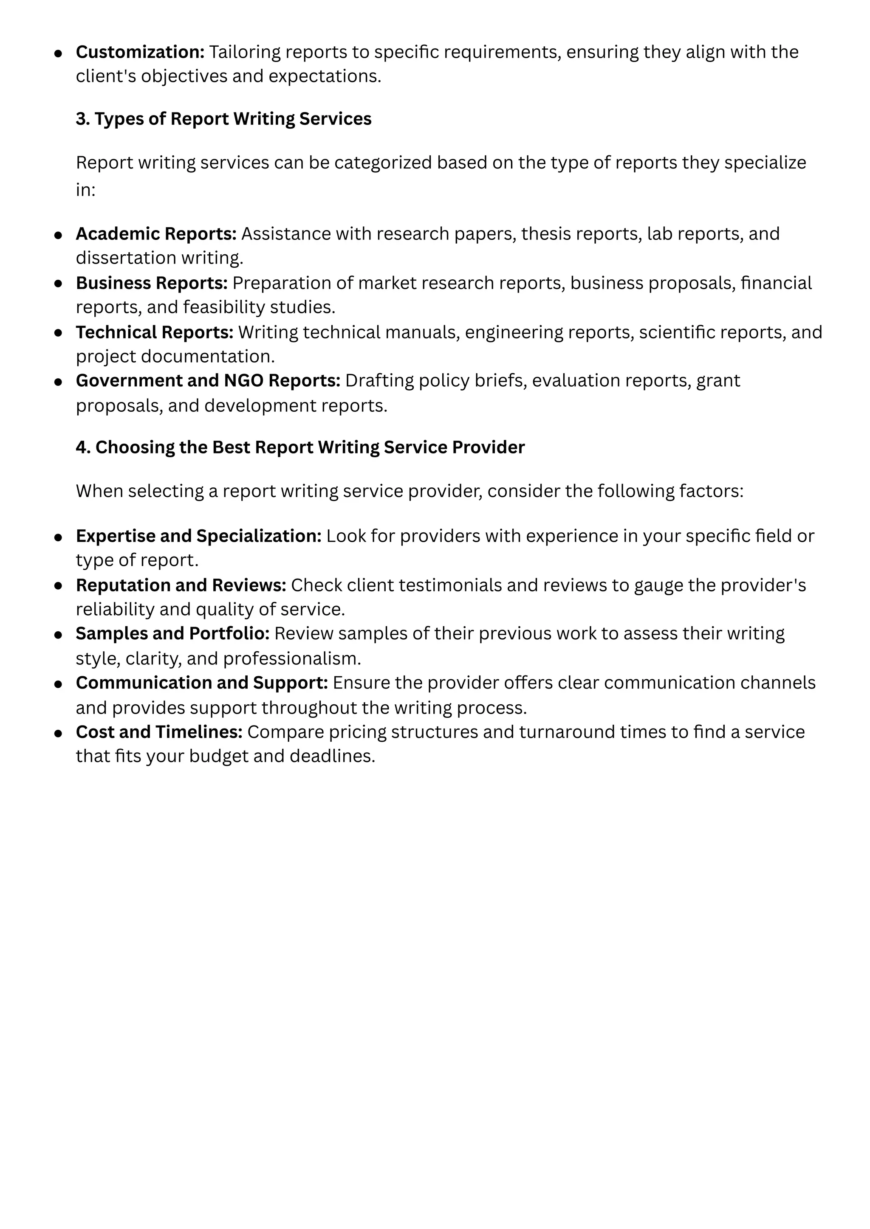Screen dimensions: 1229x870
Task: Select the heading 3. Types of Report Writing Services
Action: point(223,118)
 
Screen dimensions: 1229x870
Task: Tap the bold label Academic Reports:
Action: point(156,233)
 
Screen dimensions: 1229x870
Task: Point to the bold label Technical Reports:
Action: point(154,332)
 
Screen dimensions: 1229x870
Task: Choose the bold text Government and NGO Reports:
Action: point(208,380)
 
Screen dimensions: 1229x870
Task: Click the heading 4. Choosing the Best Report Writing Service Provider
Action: point(300,447)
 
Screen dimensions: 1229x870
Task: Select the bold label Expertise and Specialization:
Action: point(198,535)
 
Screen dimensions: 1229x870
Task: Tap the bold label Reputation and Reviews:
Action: point(181,585)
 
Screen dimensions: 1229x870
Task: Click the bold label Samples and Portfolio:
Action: point(172,633)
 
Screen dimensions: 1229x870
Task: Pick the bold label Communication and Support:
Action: point(201,683)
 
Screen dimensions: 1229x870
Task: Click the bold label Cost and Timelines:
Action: point(159,732)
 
